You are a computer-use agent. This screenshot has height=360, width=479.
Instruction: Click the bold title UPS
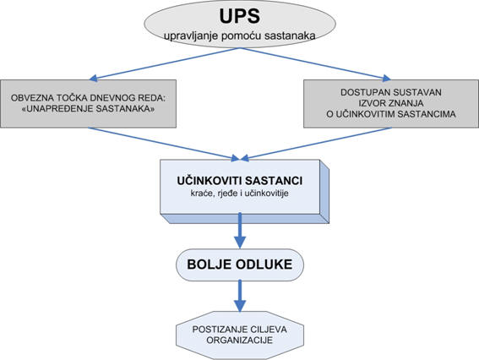click(240, 16)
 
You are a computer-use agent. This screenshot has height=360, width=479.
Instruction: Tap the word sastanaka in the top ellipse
click(291, 35)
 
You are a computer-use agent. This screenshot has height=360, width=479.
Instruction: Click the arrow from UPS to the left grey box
click(165, 64)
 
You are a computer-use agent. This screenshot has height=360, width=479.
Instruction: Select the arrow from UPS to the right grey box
click(316, 64)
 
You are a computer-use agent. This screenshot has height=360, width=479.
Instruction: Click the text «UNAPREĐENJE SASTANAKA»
click(89, 109)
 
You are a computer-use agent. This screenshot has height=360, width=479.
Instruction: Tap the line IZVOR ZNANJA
click(391, 103)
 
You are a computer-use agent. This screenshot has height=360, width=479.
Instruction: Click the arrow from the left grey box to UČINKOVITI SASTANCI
click(163, 144)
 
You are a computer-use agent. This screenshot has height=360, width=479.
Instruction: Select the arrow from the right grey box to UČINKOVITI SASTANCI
click(316, 144)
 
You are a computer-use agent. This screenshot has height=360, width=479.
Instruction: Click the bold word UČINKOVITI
click(210, 181)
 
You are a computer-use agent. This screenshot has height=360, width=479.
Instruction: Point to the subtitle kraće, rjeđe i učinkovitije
click(240, 194)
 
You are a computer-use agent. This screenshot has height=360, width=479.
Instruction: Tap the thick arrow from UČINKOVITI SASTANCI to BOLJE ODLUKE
click(240, 231)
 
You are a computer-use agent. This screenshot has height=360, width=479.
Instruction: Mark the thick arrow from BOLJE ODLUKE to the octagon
click(240, 296)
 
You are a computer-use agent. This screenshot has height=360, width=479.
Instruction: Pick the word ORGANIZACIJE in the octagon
click(240, 340)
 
